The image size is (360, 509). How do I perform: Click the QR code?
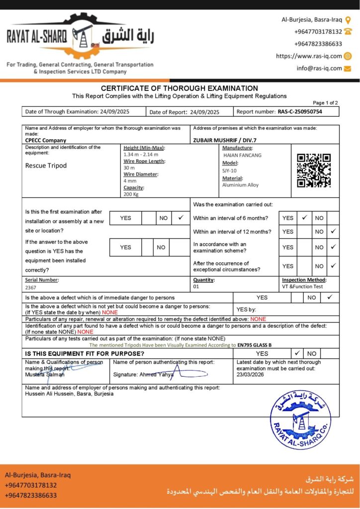(314, 170)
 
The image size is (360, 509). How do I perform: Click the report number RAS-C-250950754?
(299, 112)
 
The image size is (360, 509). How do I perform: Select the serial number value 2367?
(31, 287)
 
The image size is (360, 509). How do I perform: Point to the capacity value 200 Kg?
(132, 194)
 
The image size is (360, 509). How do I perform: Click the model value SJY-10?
(230, 170)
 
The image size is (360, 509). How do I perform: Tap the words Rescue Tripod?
(46, 166)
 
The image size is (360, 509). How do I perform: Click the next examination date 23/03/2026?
(251, 374)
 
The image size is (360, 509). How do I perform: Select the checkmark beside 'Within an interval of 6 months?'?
(304, 217)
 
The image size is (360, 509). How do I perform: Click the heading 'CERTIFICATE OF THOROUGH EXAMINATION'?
(180, 88)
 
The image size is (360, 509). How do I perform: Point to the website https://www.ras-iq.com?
(309, 56)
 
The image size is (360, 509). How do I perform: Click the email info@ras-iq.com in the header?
(319, 68)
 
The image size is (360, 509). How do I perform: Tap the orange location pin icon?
(348, 20)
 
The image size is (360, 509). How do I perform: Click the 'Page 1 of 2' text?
(325, 102)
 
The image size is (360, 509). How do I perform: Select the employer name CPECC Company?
(46, 140)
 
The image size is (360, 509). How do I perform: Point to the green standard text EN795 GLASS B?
(255, 345)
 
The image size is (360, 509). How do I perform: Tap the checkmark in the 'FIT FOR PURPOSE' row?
(297, 353)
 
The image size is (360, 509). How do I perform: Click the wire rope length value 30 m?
(129, 168)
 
